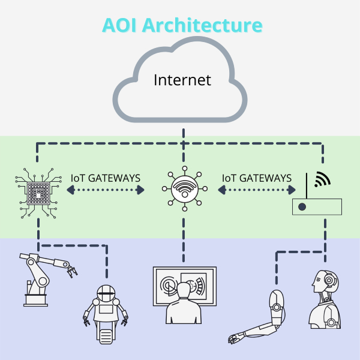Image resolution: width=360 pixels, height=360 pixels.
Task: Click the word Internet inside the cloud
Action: (x=182, y=79)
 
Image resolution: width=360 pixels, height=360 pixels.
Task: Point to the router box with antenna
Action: (x=316, y=206)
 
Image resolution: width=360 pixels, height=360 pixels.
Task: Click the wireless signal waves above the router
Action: (x=322, y=179)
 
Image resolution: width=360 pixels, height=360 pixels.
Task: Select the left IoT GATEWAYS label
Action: (x=106, y=178)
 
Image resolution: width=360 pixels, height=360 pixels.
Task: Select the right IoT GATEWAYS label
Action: (x=257, y=178)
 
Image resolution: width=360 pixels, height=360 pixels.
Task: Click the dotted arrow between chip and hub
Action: (x=106, y=190)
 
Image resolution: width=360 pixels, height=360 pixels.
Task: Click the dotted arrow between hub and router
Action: (x=257, y=190)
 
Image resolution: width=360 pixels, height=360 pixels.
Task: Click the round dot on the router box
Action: (x=302, y=208)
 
